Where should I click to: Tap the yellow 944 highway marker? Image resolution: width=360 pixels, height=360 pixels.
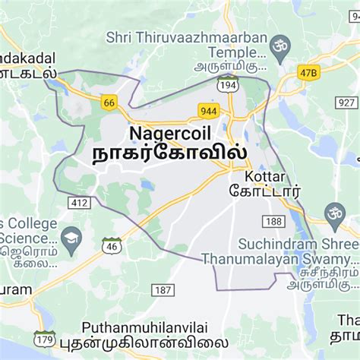[x=209, y=109]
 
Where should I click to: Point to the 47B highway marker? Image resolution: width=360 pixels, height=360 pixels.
[x=306, y=73]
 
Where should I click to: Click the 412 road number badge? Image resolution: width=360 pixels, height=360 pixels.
[x=77, y=203]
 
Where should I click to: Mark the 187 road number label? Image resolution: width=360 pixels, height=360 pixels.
[x=163, y=290]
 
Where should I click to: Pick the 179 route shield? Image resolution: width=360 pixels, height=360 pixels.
[x=45, y=336]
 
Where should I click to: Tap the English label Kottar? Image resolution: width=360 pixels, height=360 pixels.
[x=264, y=175]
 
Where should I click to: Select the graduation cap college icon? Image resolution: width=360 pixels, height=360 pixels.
[x=71, y=238]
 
